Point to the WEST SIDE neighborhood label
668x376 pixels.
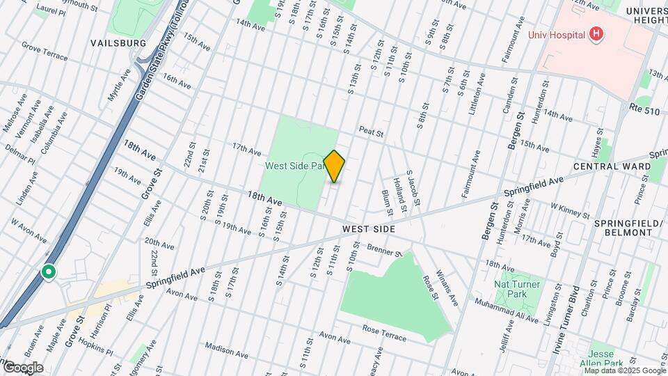[x=369, y=229]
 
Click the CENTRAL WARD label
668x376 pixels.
[x=612, y=166]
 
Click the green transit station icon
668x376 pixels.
[x=49, y=272]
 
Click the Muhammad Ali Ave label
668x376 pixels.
[x=506, y=311]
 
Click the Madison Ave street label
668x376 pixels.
[x=226, y=350]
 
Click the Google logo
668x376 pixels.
[x=22, y=367]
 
